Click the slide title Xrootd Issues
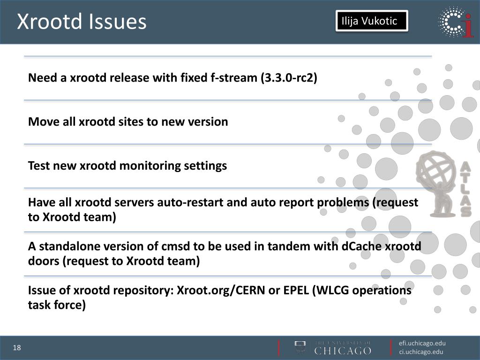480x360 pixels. (82, 22)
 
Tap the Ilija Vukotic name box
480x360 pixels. (371, 21)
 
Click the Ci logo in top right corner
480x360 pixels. (456, 22)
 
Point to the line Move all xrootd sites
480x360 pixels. (128, 122)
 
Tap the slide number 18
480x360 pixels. (17, 348)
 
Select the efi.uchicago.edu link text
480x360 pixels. (422, 343)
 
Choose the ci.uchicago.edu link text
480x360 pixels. (421, 352)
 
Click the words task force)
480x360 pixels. (57, 306)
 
